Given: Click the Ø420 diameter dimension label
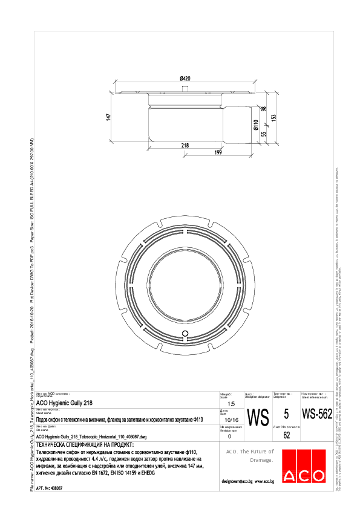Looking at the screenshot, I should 185,79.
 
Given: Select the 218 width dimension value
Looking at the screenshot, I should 185,145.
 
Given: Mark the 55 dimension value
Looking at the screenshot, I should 264,135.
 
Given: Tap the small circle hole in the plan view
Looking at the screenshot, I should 186,333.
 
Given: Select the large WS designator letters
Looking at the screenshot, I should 258,417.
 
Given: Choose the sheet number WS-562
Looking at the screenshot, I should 316,414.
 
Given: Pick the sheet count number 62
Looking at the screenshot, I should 286,435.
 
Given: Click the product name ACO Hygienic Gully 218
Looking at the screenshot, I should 65,401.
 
